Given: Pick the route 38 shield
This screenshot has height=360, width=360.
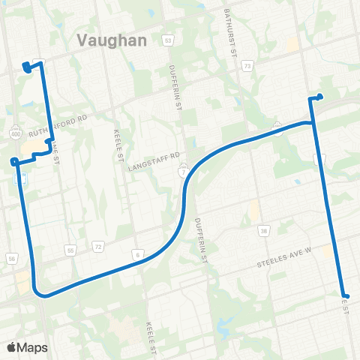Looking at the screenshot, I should pos(263,231).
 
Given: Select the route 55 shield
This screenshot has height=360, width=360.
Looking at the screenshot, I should pos(70,249).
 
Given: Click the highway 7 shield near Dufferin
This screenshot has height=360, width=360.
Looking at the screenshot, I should pos(182,172).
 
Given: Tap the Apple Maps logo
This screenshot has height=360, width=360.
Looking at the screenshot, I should pos(25,346).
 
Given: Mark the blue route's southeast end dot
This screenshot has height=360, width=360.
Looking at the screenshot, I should pos(345,295).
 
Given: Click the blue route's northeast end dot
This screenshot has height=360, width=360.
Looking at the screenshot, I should pos(320,95).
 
